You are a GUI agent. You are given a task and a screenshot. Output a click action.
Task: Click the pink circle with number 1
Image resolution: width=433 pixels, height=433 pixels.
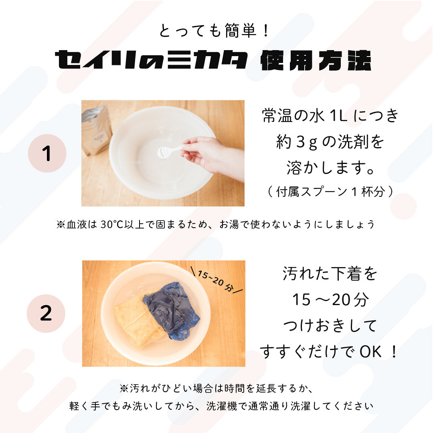click(47, 153)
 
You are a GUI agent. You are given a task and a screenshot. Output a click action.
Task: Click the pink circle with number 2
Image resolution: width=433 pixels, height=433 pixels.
click(46, 314)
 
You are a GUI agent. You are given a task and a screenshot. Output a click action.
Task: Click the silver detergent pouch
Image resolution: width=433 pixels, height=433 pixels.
click(96, 130)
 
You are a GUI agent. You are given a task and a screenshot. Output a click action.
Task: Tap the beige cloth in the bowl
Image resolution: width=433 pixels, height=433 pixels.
click(136, 320)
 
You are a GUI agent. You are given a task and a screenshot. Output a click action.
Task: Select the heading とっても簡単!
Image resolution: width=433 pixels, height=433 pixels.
click(214, 30)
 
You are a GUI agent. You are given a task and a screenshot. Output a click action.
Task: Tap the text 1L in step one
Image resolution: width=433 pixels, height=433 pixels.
click(338, 115)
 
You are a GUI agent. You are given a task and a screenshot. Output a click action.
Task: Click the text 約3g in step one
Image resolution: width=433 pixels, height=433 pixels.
click(297, 142)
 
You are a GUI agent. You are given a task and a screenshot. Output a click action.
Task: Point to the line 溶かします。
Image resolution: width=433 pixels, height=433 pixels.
click(330, 168)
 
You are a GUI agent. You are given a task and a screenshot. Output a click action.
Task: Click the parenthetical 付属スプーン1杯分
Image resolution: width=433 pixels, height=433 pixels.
click(330, 191)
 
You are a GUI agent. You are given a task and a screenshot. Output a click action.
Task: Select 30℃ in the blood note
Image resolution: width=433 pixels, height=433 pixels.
click(112, 224)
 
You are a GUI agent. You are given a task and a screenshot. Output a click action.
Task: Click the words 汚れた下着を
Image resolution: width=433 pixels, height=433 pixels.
click(330, 273)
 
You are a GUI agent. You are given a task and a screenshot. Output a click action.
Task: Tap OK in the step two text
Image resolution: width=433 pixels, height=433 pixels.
click(370, 352)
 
